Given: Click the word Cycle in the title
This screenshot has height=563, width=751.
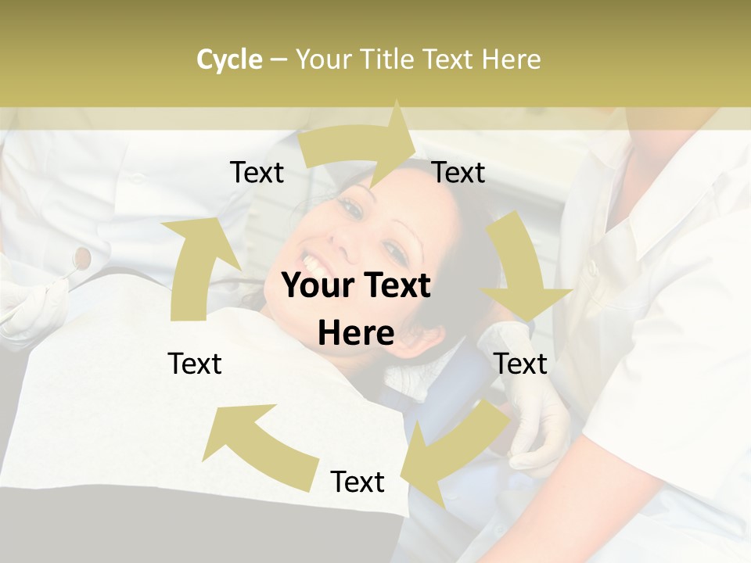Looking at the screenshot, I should [x=229, y=59].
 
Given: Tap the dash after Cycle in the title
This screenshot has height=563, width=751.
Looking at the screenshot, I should [x=278, y=60].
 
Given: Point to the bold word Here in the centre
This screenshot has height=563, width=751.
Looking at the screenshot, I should [x=356, y=334].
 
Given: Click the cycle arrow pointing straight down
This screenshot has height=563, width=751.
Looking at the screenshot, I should [x=523, y=270].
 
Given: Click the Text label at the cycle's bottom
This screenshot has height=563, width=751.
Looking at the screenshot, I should [x=358, y=482].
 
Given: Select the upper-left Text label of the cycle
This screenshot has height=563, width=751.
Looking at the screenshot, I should [x=257, y=173].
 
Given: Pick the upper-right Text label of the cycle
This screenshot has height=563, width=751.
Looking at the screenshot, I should [x=458, y=173].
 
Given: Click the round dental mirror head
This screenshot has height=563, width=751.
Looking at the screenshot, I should [x=81, y=256].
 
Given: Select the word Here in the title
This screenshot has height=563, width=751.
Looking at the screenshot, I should [x=511, y=59].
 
